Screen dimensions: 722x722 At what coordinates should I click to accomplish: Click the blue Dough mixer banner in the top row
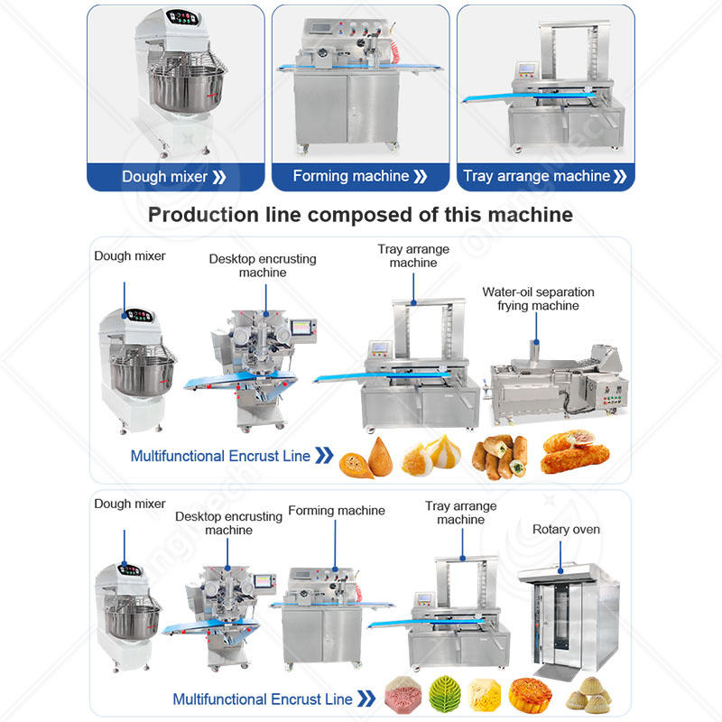click(x=175, y=176)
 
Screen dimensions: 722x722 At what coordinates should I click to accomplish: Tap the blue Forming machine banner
click(x=360, y=176)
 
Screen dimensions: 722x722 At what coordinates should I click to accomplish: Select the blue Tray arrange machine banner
click(x=544, y=176)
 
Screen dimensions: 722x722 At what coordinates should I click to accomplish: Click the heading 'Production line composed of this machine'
click(x=360, y=215)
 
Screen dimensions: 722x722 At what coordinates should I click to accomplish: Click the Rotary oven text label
click(x=566, y=529)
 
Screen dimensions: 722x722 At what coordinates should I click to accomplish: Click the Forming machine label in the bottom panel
click(x=337, y=511)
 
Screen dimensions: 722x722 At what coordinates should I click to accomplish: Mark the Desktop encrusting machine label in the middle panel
click(x=263, y=265)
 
